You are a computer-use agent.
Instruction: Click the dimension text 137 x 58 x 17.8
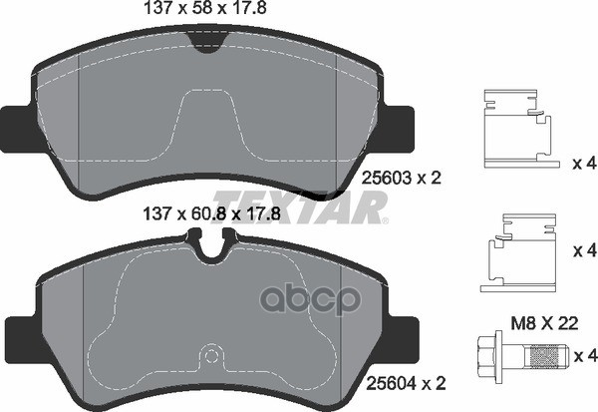[204, 8]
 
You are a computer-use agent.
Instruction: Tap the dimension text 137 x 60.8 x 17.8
[211, 213]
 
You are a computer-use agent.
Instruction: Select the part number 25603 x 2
[401, 178]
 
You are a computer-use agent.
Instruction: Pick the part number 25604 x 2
[406, 383]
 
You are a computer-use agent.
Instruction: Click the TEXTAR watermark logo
[301, 206]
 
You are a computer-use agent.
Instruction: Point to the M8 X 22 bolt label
[544, 324]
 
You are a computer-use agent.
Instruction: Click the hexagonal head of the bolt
[489, 356]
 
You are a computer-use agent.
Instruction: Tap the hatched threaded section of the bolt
[546, 356]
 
